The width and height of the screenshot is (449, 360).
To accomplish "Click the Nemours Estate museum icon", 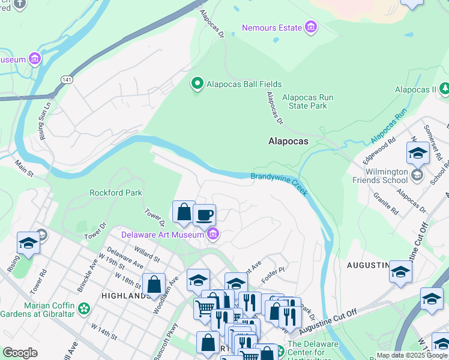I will pyautogui.click(x=310, y=28).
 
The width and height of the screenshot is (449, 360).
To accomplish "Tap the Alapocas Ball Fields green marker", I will pyautogui.click(x=197, y=85).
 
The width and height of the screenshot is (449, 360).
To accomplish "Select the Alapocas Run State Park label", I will pyautogui.click(x=304, y=101).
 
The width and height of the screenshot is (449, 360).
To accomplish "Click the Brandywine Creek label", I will pyautogui.click(x=278, y=180).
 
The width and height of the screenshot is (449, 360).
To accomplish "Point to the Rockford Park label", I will pyautogui.click(x=115, y=193).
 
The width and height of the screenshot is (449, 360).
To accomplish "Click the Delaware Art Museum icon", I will pyautogui.click(x=212, y=235).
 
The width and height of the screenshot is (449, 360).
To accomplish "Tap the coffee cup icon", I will pyautogui.click(x=204, y=214).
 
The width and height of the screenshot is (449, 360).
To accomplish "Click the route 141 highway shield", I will pyautogui.click(x=65, y=79).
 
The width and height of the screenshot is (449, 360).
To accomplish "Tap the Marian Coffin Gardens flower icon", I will pyautogui.click(x=83, y=308).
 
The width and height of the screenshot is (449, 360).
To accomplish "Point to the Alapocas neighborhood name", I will pyautogui.click(x=288, y=142).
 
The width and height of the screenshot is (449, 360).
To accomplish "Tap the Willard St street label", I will pyautogui.click(x=146, y=254).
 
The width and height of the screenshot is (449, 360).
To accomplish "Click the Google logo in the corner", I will pyautogui.click(x=20, y=352).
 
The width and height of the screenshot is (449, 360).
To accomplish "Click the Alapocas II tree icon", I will pyautogui.click(x=444, y=89).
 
